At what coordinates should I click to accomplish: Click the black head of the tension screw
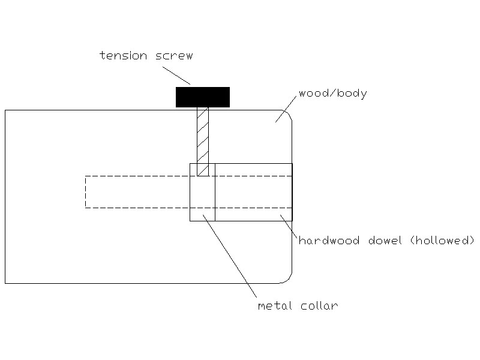[x=203, y=97]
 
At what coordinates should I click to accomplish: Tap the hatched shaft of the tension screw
[x=203, y=142]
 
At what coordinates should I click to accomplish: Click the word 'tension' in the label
[x=124, y=55]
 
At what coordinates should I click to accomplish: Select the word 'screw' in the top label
[x=174, y=56]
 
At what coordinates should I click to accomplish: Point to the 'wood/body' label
[x=333, y=93]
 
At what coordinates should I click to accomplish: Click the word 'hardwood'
[x=329, y=241]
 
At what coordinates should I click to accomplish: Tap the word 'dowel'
[x=385, y=241]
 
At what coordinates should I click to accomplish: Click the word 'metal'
[x=275, y=305]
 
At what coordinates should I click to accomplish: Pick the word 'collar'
[x=319, y=305]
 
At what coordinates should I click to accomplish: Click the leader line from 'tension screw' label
[x=176, y=76]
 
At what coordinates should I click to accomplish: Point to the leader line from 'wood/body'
[x=286, y=109]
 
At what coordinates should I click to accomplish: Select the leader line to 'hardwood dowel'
[x=289, y=226]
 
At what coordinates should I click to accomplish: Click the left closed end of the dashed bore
[x=85, y=192]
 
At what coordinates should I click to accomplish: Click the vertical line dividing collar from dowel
[x=215, y=192]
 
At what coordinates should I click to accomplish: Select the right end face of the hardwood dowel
[x=292, y=192]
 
